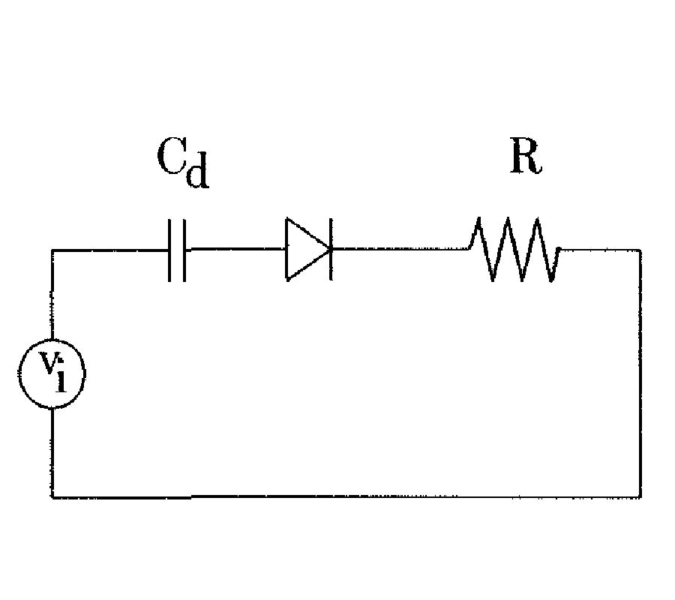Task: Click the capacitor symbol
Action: (177, 250)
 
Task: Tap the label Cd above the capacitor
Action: (182, 163)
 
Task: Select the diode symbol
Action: (307, 249)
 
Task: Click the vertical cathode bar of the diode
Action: (331, 249)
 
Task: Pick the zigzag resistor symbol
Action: (514, 250)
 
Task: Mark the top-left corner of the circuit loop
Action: (52, 250)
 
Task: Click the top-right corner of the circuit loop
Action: (640, 250)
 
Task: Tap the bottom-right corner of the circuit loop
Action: (640, 496)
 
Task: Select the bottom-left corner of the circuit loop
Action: (52, 496)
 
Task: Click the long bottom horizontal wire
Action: (345, 496)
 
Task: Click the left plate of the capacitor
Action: (171, 250)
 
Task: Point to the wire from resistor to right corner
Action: (600, 250)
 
